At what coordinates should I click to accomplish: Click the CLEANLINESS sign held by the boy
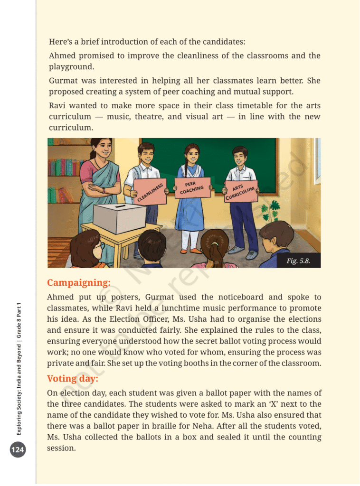[x=150, y=192]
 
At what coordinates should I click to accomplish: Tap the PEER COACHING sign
[x=192, y=187]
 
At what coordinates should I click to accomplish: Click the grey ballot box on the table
[x=119, y=218]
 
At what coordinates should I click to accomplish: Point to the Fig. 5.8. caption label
[x=298, y=261]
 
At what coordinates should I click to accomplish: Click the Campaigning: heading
[x=78, y=283]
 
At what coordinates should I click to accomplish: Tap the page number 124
[x=18, y=449]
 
